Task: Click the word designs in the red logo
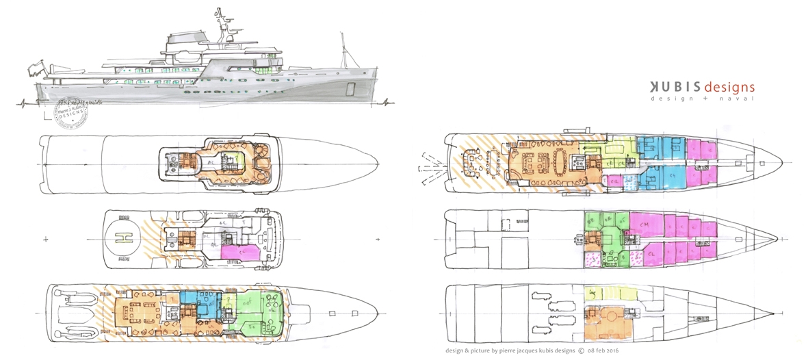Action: point(728,87)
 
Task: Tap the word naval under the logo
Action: point(739,99)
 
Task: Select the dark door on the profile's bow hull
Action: point(352,89)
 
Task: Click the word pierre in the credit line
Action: point(505,352)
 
